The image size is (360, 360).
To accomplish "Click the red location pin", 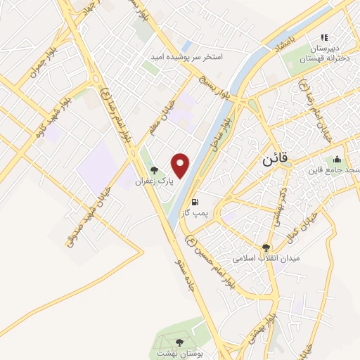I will (x=181, y=166).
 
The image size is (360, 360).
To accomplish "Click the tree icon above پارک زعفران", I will (x=154, y=170).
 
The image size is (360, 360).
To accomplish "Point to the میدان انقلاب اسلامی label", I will (x=266, y=258).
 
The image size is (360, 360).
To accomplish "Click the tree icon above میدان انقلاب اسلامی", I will (x=266, y=247).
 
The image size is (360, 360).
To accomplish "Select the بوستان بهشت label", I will (x=180, y=354).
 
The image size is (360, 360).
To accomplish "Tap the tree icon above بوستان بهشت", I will (x=179, y=342).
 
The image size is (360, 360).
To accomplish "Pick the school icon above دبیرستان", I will (x=324, y=37).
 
